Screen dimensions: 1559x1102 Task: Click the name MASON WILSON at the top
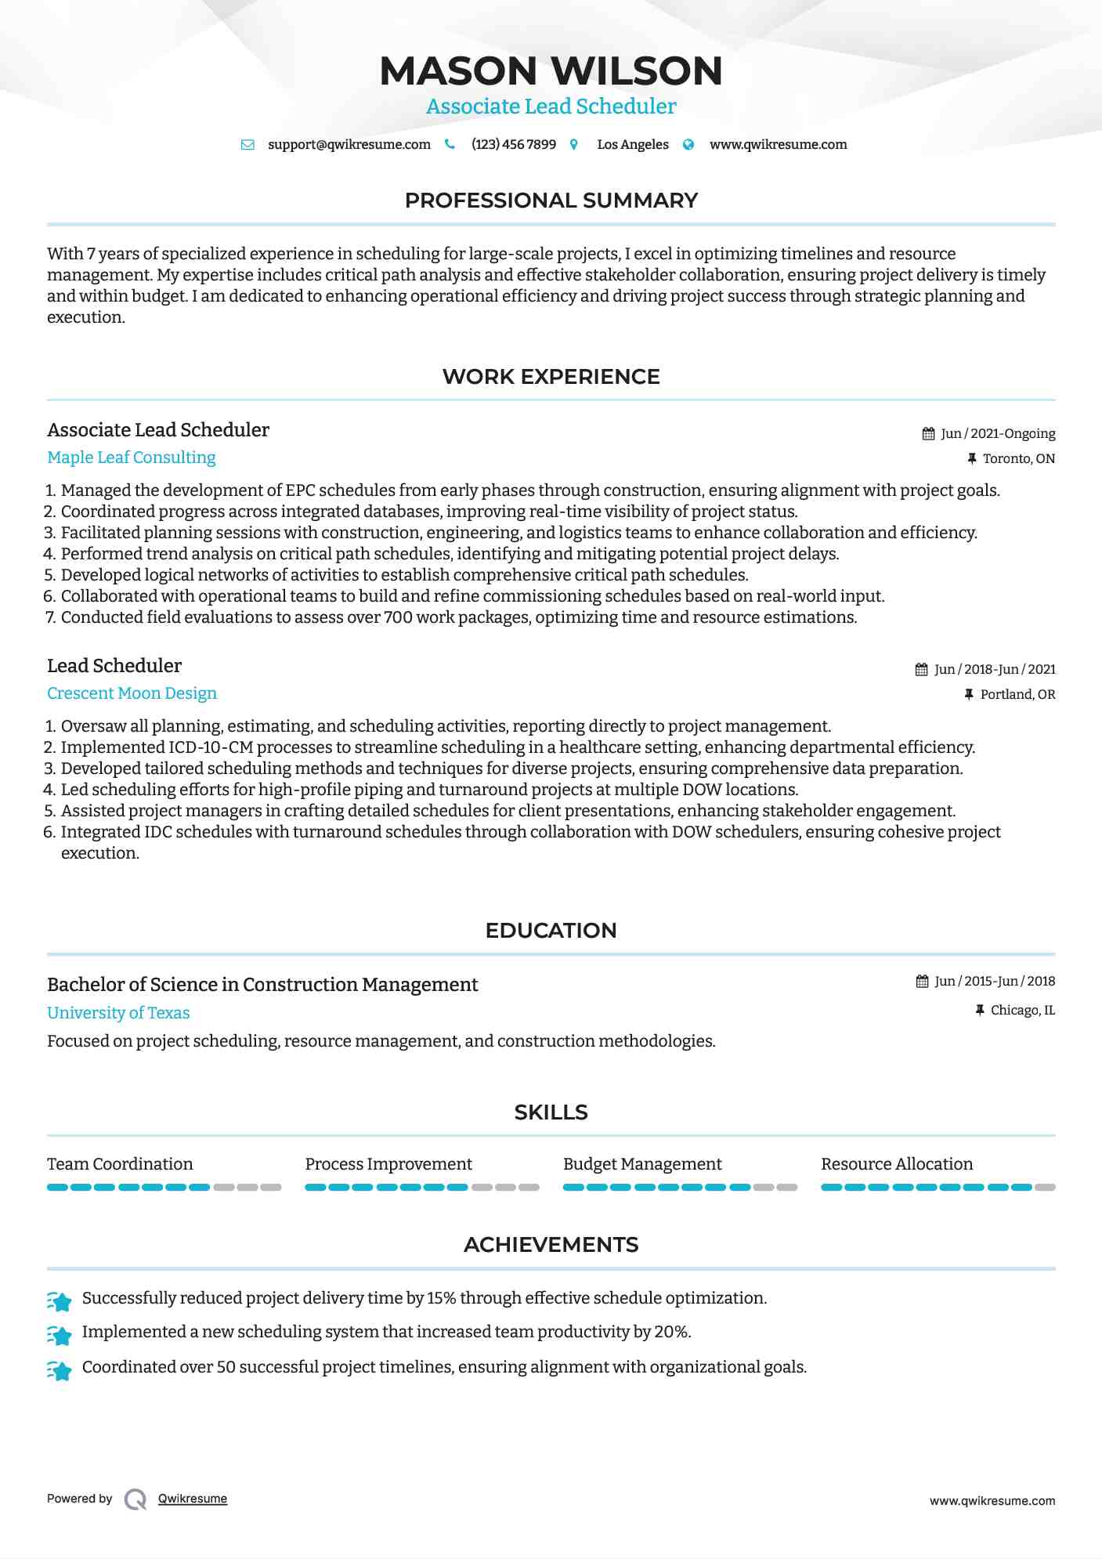(551, 71)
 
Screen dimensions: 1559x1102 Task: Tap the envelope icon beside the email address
(247, 145)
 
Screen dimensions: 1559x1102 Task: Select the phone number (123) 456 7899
(513, 145)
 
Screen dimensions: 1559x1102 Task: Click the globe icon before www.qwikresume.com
(688, 145)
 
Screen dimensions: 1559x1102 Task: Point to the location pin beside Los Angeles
(574, 145)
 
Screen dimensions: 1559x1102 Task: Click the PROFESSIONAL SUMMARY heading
(551, 201)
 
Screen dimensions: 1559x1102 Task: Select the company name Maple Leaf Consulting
(132, 458)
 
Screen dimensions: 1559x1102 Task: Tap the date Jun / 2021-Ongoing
(997, 434)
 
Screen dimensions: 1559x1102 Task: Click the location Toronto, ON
(1018, 459)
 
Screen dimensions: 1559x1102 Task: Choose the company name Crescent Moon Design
(132, 693)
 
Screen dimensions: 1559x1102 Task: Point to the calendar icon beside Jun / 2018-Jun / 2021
(922, 670)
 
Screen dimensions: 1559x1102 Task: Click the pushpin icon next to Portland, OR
(969, 695)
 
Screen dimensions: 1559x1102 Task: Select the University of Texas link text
(118, 1013)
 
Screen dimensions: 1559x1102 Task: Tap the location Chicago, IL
(1022, 1011)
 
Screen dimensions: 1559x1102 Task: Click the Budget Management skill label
(642, 1164)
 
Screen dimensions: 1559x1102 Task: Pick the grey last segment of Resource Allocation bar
(1045, 1188)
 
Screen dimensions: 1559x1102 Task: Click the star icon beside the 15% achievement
(60, 1301)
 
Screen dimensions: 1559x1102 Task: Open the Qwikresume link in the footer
(193, 1499)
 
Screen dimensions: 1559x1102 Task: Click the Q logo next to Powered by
(135, 1499)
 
